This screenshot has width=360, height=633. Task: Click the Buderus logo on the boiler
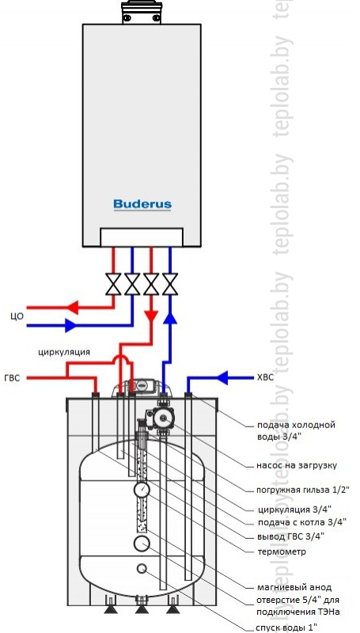(x=142, y=204)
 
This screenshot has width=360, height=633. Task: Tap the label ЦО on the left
(x=17, y=316)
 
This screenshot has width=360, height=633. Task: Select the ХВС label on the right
(x=265, y=378)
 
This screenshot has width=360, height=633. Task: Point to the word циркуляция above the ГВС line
(x=64, y=351)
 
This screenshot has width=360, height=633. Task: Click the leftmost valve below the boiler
(x=113, y=284)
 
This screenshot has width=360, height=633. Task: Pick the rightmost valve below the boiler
(x=170, y=284)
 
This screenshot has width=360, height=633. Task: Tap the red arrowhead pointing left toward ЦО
(x=72, y=308)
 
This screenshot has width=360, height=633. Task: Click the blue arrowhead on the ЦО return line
(x=71, y=324)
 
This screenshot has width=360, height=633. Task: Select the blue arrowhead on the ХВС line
(x=223, y=378)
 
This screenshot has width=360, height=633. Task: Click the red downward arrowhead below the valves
(x=151, y=315)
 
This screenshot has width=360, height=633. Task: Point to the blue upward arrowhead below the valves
(x=170, y=318)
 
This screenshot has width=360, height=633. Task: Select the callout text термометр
(x=281, y=552)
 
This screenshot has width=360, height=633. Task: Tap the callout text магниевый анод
(x=294, y=587)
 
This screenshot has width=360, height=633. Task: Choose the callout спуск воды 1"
(x=286, y=627)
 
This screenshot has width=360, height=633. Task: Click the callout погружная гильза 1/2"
(x=303, y=490)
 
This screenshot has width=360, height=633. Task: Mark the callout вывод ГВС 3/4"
(x=290, y=536)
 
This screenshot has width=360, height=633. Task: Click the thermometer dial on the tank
(x=142, y=490)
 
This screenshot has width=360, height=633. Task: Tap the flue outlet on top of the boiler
(x=142, y=11)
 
